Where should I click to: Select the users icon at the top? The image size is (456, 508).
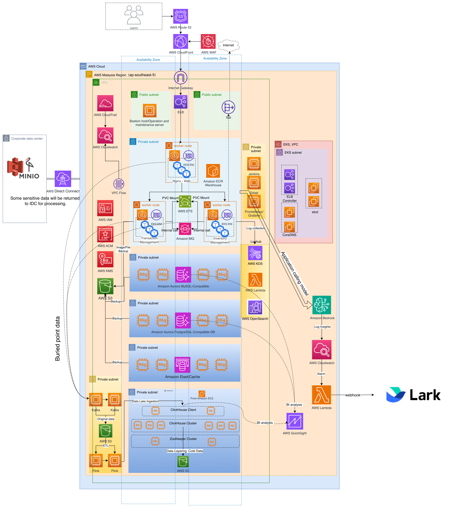pyautogui.click(x=134, y=15)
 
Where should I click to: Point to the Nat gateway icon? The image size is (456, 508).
pyautogui.click(x=228, y=107)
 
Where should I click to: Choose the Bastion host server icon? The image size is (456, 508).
pyautogui.click(x=150, y=111)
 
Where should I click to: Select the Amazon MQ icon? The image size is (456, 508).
pyautogui.click(x=185, y=229)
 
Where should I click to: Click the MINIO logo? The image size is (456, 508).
pyautogui.click(x=23, y=168)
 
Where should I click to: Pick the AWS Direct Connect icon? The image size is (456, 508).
pyautogui.click(x=63, y=179)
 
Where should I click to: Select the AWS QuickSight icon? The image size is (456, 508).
pyautogui.click(x=295, y=421)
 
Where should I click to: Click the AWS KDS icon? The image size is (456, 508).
pyautogui.click(x=255, y=253)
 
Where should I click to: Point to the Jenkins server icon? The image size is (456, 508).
pyautogui.click(x=254, y=164)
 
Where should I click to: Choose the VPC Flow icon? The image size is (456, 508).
pyautogui.click(x=119, y=184)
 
